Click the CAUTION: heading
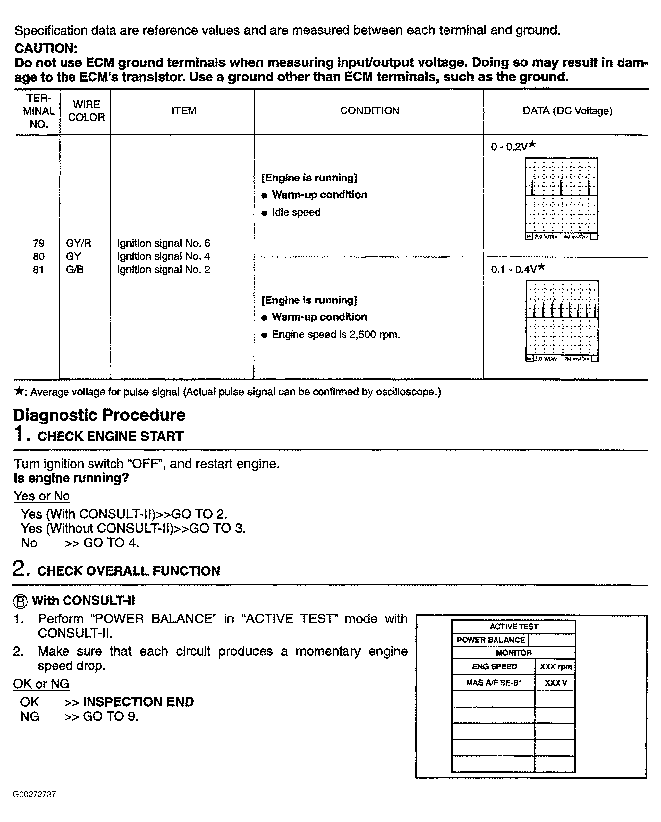pyautogui.click(x=46, y=48)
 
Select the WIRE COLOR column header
pyautogui.click(x=86, y=111)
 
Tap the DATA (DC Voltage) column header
pyautogui.click(x=567, y=111)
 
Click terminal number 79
pyautogui.click(x=38, y=243)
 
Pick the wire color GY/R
pyautogui.click(x=79, y=243)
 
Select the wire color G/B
pyautogui.click(x=75, y=270)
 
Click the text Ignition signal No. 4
pyautogui.click(x=163, y=256)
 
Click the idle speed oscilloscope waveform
pyautogui.click(x=561, y=198)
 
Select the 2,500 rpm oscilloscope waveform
pyautogui.click(x=562, y=321)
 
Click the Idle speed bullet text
pyautogui.click(x=296, y=212)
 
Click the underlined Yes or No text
pyautogui.click(x=41, y=496)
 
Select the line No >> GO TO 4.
pyautogui.click(x=80, y=543)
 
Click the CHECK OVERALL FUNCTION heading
pyautogui.click(x=129, y=571)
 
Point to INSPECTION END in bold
pyautogui.click(x=138, y=702)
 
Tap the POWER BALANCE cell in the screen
pyautogui.click(x=491, y=640)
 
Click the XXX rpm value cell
pyautogui.click(x=555, y=667)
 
